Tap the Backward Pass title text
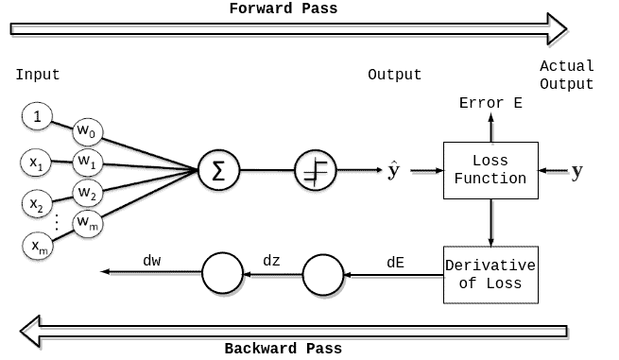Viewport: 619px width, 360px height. coord(283,348)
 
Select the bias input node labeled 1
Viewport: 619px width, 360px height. coord(37,118)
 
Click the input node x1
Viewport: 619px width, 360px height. coord(37,163)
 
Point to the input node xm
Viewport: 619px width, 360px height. coord(37,247)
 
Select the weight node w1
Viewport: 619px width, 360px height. coord(87,163)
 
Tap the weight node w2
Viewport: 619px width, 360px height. coord(87,194)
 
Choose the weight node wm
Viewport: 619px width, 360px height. coord(87,225)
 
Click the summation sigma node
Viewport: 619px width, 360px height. coord(218,171)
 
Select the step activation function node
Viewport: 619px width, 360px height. coord(313,171)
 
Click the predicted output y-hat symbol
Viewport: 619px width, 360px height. coord(393,171)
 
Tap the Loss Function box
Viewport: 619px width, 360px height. coord(490,170)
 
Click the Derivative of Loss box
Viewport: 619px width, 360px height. coord(490,274)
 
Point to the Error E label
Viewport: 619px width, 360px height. coord(490,103)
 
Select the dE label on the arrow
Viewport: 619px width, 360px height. coord(395,262)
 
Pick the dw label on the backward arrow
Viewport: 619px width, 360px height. coord(152,259)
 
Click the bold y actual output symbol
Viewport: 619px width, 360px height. coord(577,171)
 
